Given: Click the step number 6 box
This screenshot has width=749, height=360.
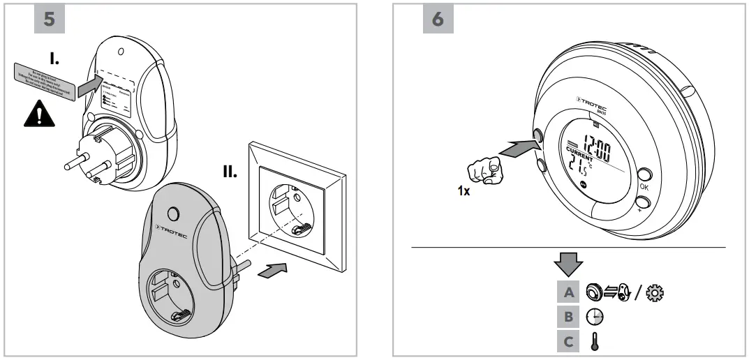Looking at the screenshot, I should (438, 20).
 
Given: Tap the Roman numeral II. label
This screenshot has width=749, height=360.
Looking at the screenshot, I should (225, 171).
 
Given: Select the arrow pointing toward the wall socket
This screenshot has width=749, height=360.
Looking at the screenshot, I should (273, 270).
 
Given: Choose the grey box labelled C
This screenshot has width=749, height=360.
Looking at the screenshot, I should (568, 342).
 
